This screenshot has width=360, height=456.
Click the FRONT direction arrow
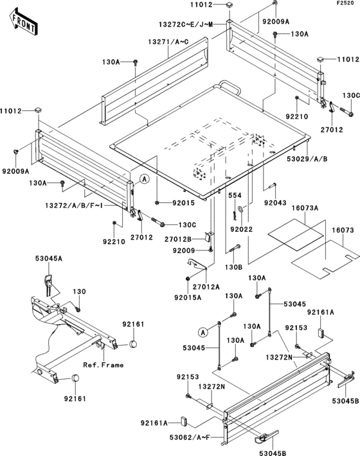[23, 22]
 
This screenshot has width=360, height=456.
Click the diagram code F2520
[345, 3]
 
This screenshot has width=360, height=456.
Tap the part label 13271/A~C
[168, 42]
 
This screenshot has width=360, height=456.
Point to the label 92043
[275, 202]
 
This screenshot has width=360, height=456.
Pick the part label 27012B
[178, 240]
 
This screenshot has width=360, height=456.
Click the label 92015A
[188, 297]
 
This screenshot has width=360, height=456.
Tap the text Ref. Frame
[104, 365]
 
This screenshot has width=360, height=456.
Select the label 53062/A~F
[190, 437]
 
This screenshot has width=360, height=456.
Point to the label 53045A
[49, 258]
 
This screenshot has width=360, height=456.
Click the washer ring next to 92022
[241, 209]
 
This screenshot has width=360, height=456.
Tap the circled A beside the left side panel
[144, 179]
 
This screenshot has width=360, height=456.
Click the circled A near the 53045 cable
[203, 332]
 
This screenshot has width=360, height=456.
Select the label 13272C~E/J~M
[186, 24]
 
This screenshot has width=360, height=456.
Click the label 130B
[234, 267]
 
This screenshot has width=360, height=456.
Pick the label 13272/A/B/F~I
[74, 206]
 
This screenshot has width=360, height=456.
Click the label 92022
[242, 229]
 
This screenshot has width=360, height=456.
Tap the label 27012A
[206, 286]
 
